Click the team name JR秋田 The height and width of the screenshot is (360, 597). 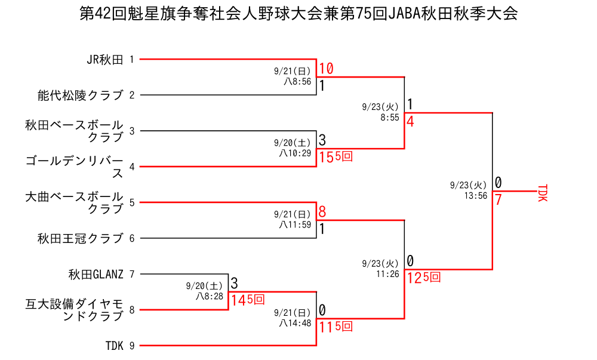(x=104, y=59)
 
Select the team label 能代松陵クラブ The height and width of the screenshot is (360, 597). (x=80, y=95)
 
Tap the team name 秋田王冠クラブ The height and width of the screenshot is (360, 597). (x=80, y=238)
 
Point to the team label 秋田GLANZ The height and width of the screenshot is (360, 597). (x=96, y=274)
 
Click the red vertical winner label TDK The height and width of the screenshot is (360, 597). (x=542, y=193)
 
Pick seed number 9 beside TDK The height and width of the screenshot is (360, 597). (x=131, y=345)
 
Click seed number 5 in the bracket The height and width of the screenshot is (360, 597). (x=131, y=202)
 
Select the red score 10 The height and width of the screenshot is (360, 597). (x=326, y=69)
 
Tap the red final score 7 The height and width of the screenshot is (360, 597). (x=498, y=199)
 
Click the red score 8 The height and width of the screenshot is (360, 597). (x=322, y=212)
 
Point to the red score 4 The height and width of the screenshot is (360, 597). (x=410, y=121)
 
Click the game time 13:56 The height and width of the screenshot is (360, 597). (x=476, y=195)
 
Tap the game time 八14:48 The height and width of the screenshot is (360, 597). (x=296, y=323)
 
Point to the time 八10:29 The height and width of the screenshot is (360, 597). (x=296, y=153)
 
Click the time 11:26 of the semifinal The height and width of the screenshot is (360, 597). (x=387, y=274)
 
